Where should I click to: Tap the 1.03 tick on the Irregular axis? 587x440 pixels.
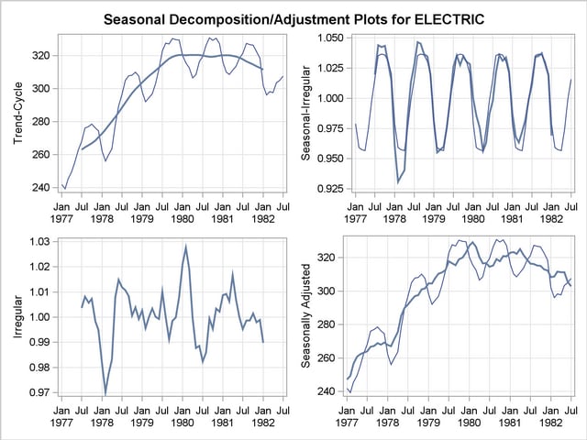point(40,242)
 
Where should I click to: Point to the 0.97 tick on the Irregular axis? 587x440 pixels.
point(40,393)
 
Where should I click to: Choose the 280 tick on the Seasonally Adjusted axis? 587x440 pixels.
point(327,324)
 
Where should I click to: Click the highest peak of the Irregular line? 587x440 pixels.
point(185,246)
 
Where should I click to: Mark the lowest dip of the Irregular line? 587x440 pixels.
point(105,393)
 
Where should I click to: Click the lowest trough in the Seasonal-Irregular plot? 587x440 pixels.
point(397,182)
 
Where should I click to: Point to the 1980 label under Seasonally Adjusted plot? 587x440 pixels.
point(469,424)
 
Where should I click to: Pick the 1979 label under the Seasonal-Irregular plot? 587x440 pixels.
point(433,220)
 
